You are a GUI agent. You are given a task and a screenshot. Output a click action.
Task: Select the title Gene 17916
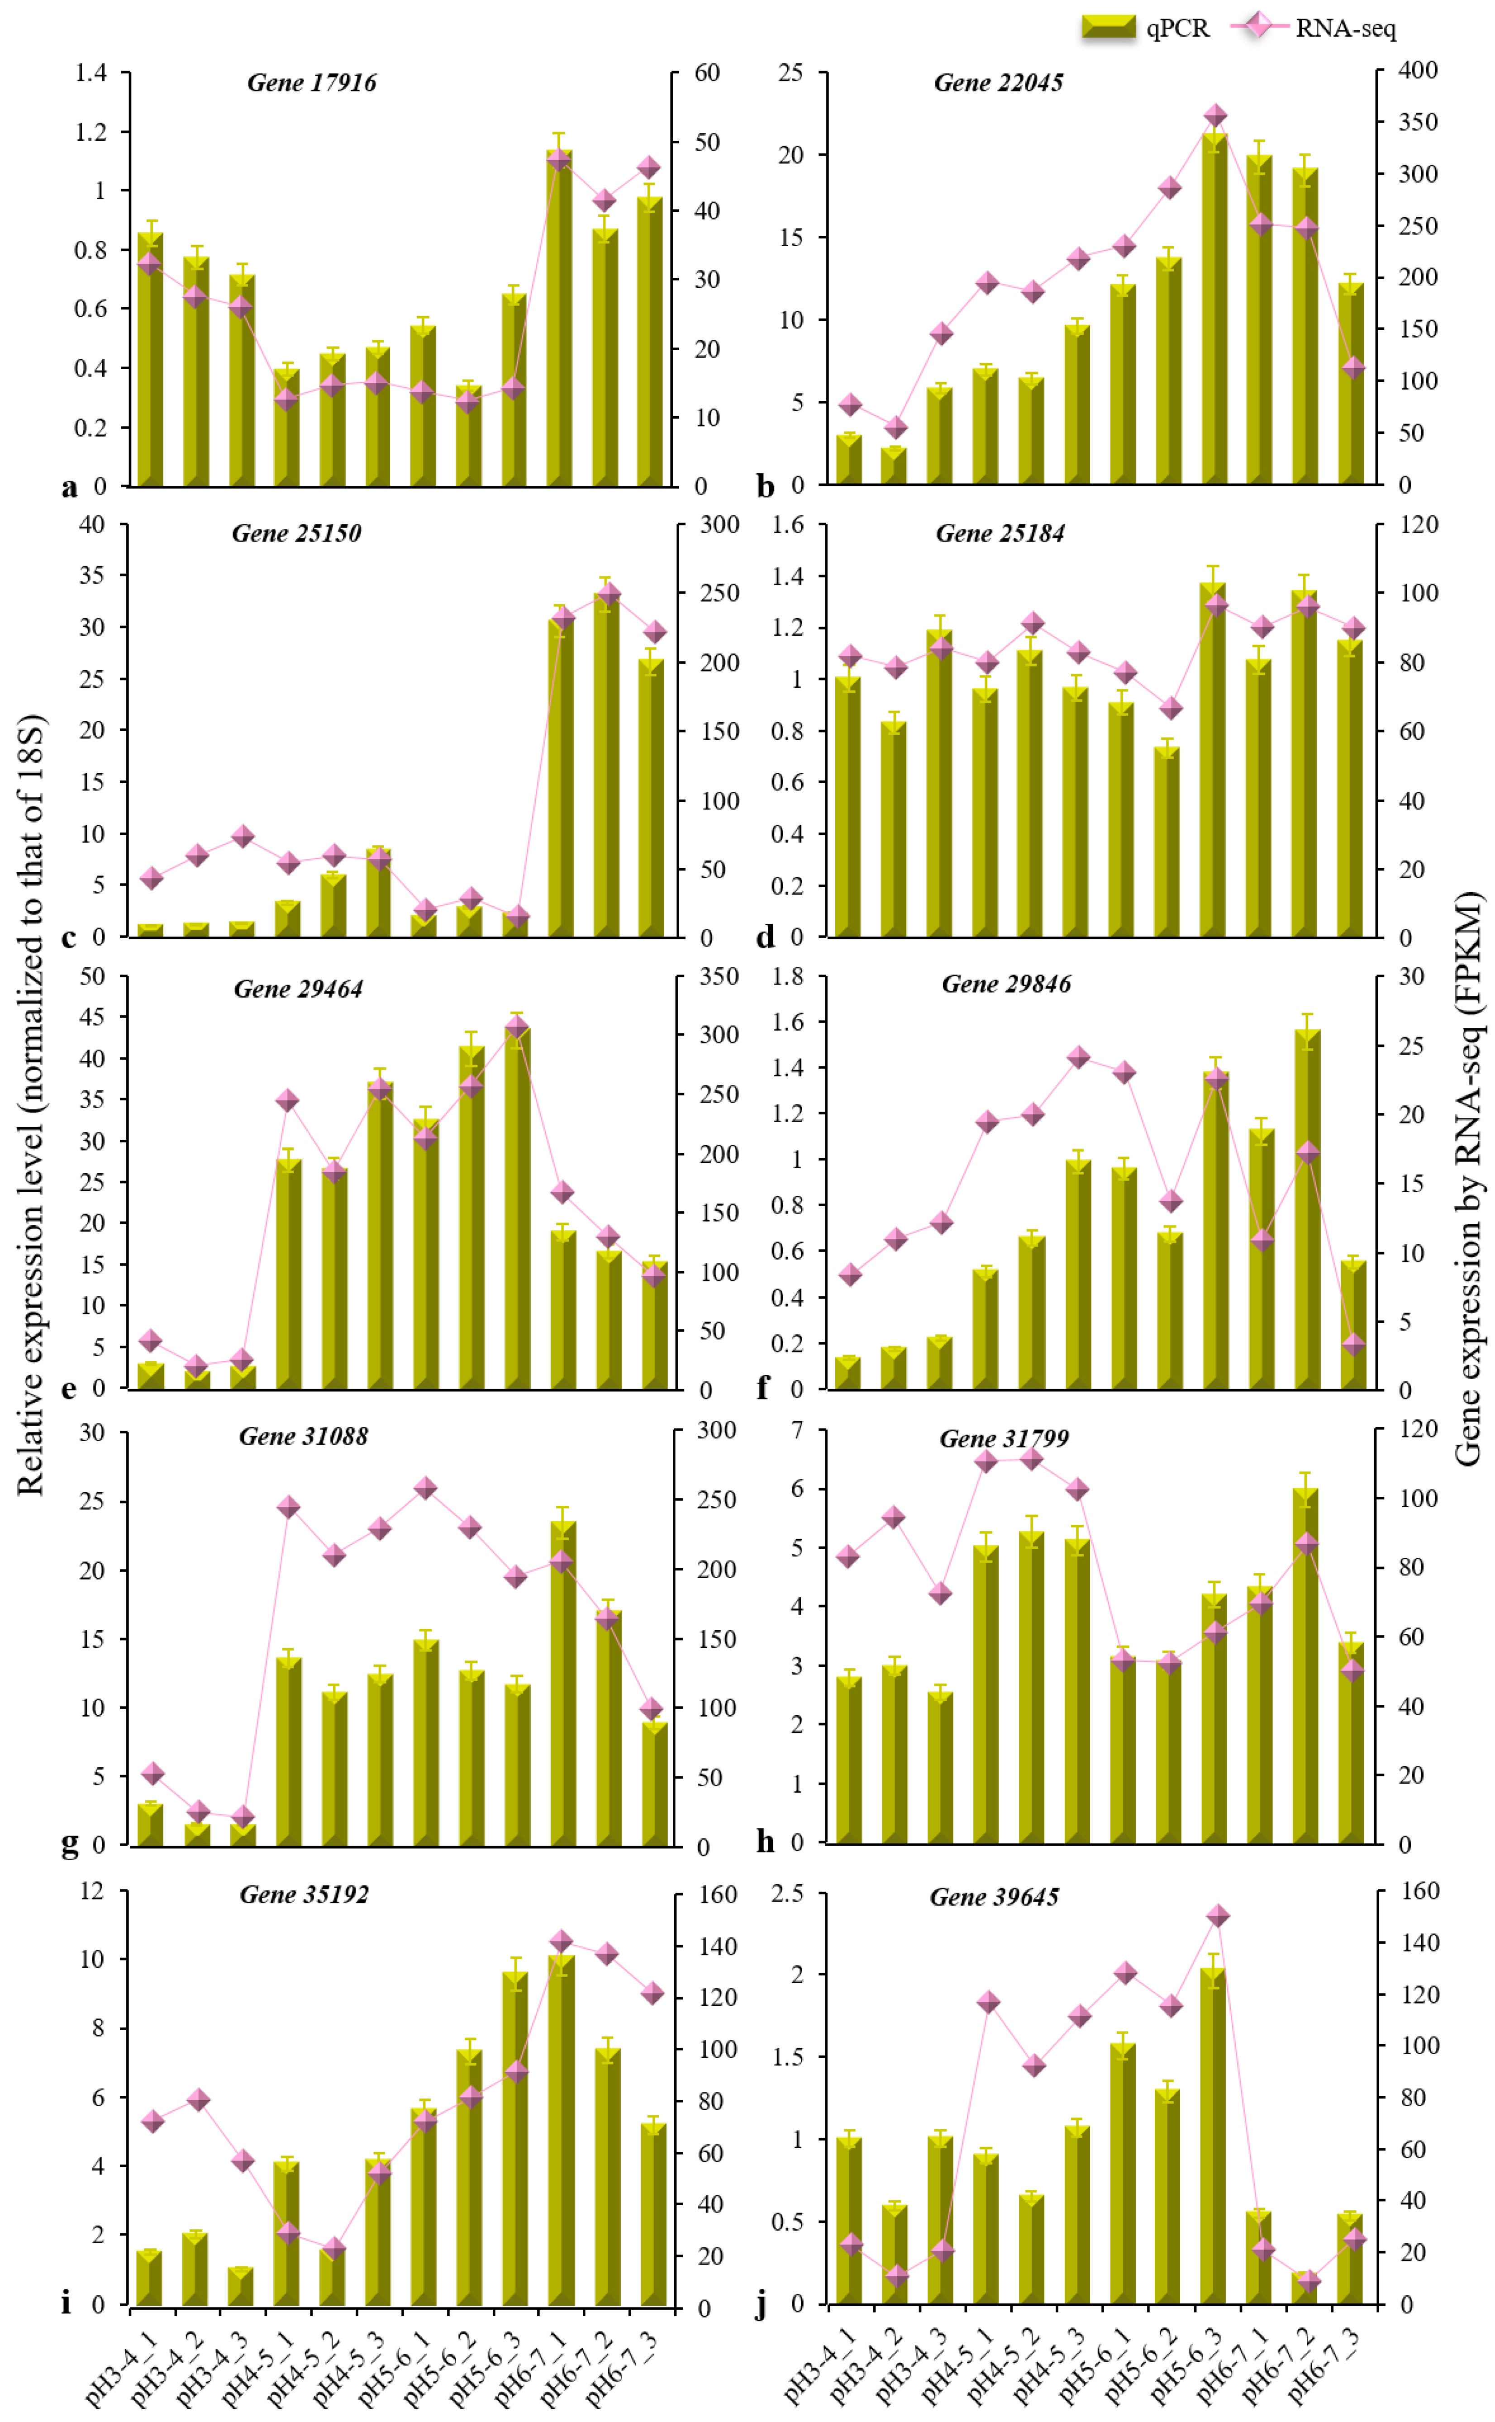pyautogui.click(x=311, y=82)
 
